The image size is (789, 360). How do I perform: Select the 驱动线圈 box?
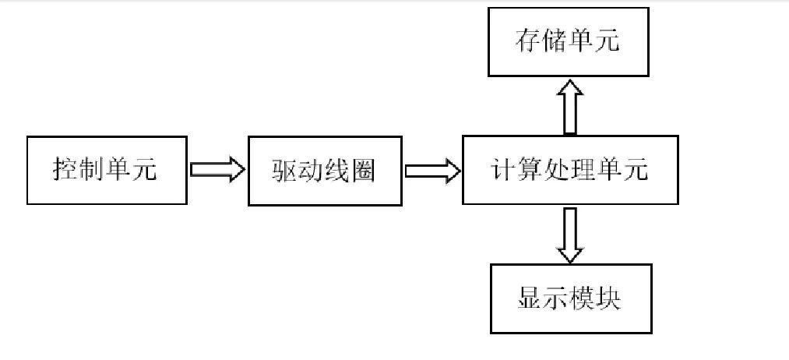(x=324, y=171)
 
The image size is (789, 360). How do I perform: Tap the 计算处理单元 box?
(x=570, y=171)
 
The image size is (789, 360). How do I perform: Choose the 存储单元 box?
(x=568, y=41)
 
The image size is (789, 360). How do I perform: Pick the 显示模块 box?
(x=569, y=299)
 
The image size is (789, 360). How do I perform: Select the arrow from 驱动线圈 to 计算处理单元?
(x=432, y=171)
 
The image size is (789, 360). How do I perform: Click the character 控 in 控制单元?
(x=65, y=171)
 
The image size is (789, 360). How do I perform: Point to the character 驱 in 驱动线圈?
(x=285, y=171)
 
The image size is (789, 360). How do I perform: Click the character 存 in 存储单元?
(x=528, y=42)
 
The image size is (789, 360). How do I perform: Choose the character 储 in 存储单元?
(x=555, y=42)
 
